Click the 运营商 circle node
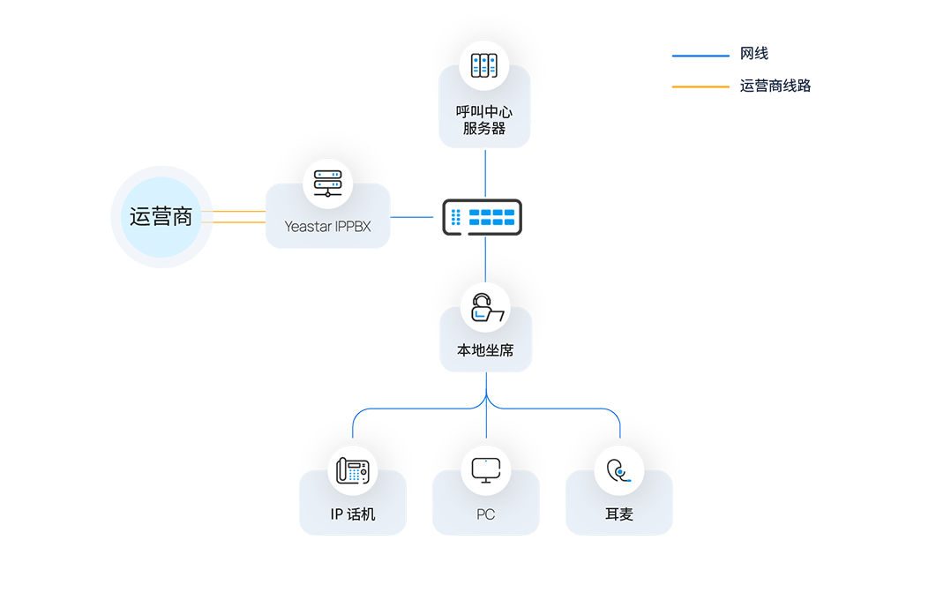(x=161, y=216)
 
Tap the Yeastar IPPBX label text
(x=327, y=226)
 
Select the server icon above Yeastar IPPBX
(x=327, y=184)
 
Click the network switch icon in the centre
(x=483, y=217)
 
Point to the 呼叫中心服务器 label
(x=484, y=119)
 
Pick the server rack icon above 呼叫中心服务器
(x=484, y=65)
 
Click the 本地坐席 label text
(x=485, y=350)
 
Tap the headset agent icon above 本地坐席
(x=486, y=308)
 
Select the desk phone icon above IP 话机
(x=353, y=470)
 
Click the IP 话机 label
(x=353, y=514)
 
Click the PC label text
(x=486, y=514)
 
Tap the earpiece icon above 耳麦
(x=619, y=471)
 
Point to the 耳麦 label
(x=619, y=514)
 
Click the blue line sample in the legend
(x=700, y=56)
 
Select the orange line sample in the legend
(x=700, y=86)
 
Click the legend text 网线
(x=754, y=54)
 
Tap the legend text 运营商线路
(x=775, y=86)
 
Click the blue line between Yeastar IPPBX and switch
(x=412, y=217)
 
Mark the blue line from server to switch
(x=485, y=174)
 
